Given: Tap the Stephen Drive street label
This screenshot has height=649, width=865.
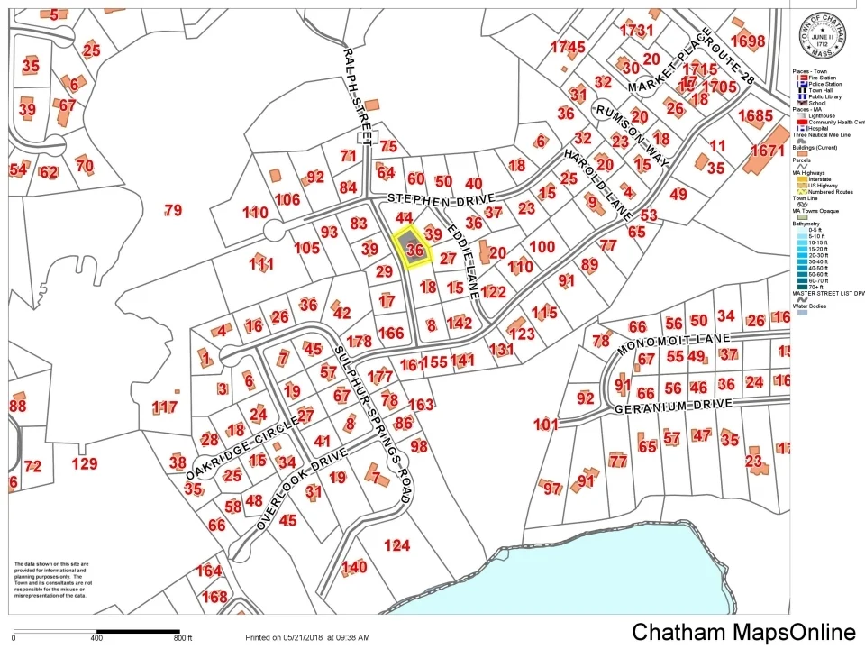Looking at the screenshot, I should coord(440,197).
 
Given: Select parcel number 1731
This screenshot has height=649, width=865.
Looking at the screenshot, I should coord(636,30).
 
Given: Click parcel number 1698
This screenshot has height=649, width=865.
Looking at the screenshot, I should coord(748,41).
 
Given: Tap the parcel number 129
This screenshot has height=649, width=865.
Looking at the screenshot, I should coord(84,463).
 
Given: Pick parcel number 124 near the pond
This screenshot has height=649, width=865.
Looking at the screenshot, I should coord(396,544).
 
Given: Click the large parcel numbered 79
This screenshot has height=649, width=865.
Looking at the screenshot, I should coord(173,210).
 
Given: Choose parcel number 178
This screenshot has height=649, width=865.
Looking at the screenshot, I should coord(359,341).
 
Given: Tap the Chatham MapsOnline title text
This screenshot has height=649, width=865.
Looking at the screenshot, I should coord(743,632).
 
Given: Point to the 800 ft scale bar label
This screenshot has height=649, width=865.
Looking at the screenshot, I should coord(183,638).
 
